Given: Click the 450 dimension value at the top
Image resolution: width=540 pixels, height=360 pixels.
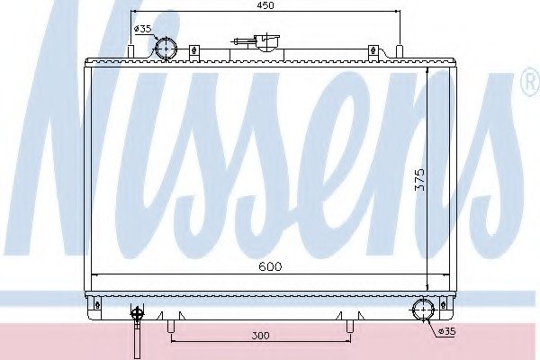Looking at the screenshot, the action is point(265,5).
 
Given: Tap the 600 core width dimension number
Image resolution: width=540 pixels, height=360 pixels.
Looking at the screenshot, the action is point(270,266).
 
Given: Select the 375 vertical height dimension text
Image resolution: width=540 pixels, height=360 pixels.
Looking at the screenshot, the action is point(419,179).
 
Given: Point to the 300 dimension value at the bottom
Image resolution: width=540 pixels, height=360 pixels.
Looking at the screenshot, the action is point(260,335).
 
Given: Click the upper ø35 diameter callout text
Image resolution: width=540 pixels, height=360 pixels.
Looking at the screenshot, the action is point(142,29).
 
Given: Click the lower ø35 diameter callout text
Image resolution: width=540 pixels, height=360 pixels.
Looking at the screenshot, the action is point(447,332).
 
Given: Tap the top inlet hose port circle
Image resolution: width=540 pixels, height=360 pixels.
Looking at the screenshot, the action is point(166,49).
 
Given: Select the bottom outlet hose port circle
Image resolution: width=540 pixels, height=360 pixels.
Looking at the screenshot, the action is point(423,310).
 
